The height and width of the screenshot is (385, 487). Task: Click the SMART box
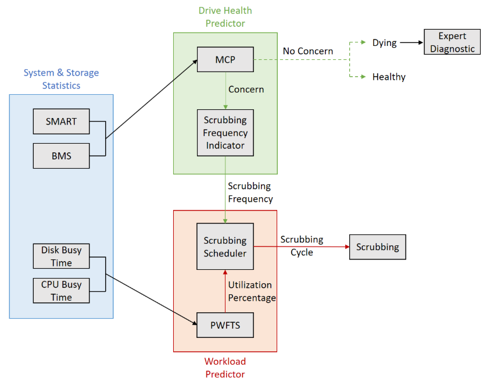click(61, 122)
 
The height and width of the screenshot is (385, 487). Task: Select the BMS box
click(61, 156)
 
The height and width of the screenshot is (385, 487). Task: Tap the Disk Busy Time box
click(61, 256)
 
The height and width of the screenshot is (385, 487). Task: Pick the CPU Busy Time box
click(61, 291)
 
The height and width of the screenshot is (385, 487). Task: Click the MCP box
click(225, 59)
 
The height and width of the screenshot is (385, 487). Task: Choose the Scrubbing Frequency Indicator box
click(225, 133)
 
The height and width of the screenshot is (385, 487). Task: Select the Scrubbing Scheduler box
click(225, 247)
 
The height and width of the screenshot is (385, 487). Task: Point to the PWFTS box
click(225, 325)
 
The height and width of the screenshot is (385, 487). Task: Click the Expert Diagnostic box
click(453, 42)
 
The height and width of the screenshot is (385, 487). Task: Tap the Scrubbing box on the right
click(377, 247)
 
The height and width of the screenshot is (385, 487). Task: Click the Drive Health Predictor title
click(225, 17)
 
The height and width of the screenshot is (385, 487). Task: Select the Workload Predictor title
click(225, 368)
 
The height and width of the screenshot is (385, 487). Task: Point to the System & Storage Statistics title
click(61, 79)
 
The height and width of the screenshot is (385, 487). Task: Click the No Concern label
click(308, 51)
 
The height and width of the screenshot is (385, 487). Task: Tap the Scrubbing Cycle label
click(302, 245)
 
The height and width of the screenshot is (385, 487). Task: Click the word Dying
click(384, 42)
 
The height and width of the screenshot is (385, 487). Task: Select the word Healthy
click(389, 77)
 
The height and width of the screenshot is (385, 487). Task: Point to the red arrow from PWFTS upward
click(225, 291)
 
